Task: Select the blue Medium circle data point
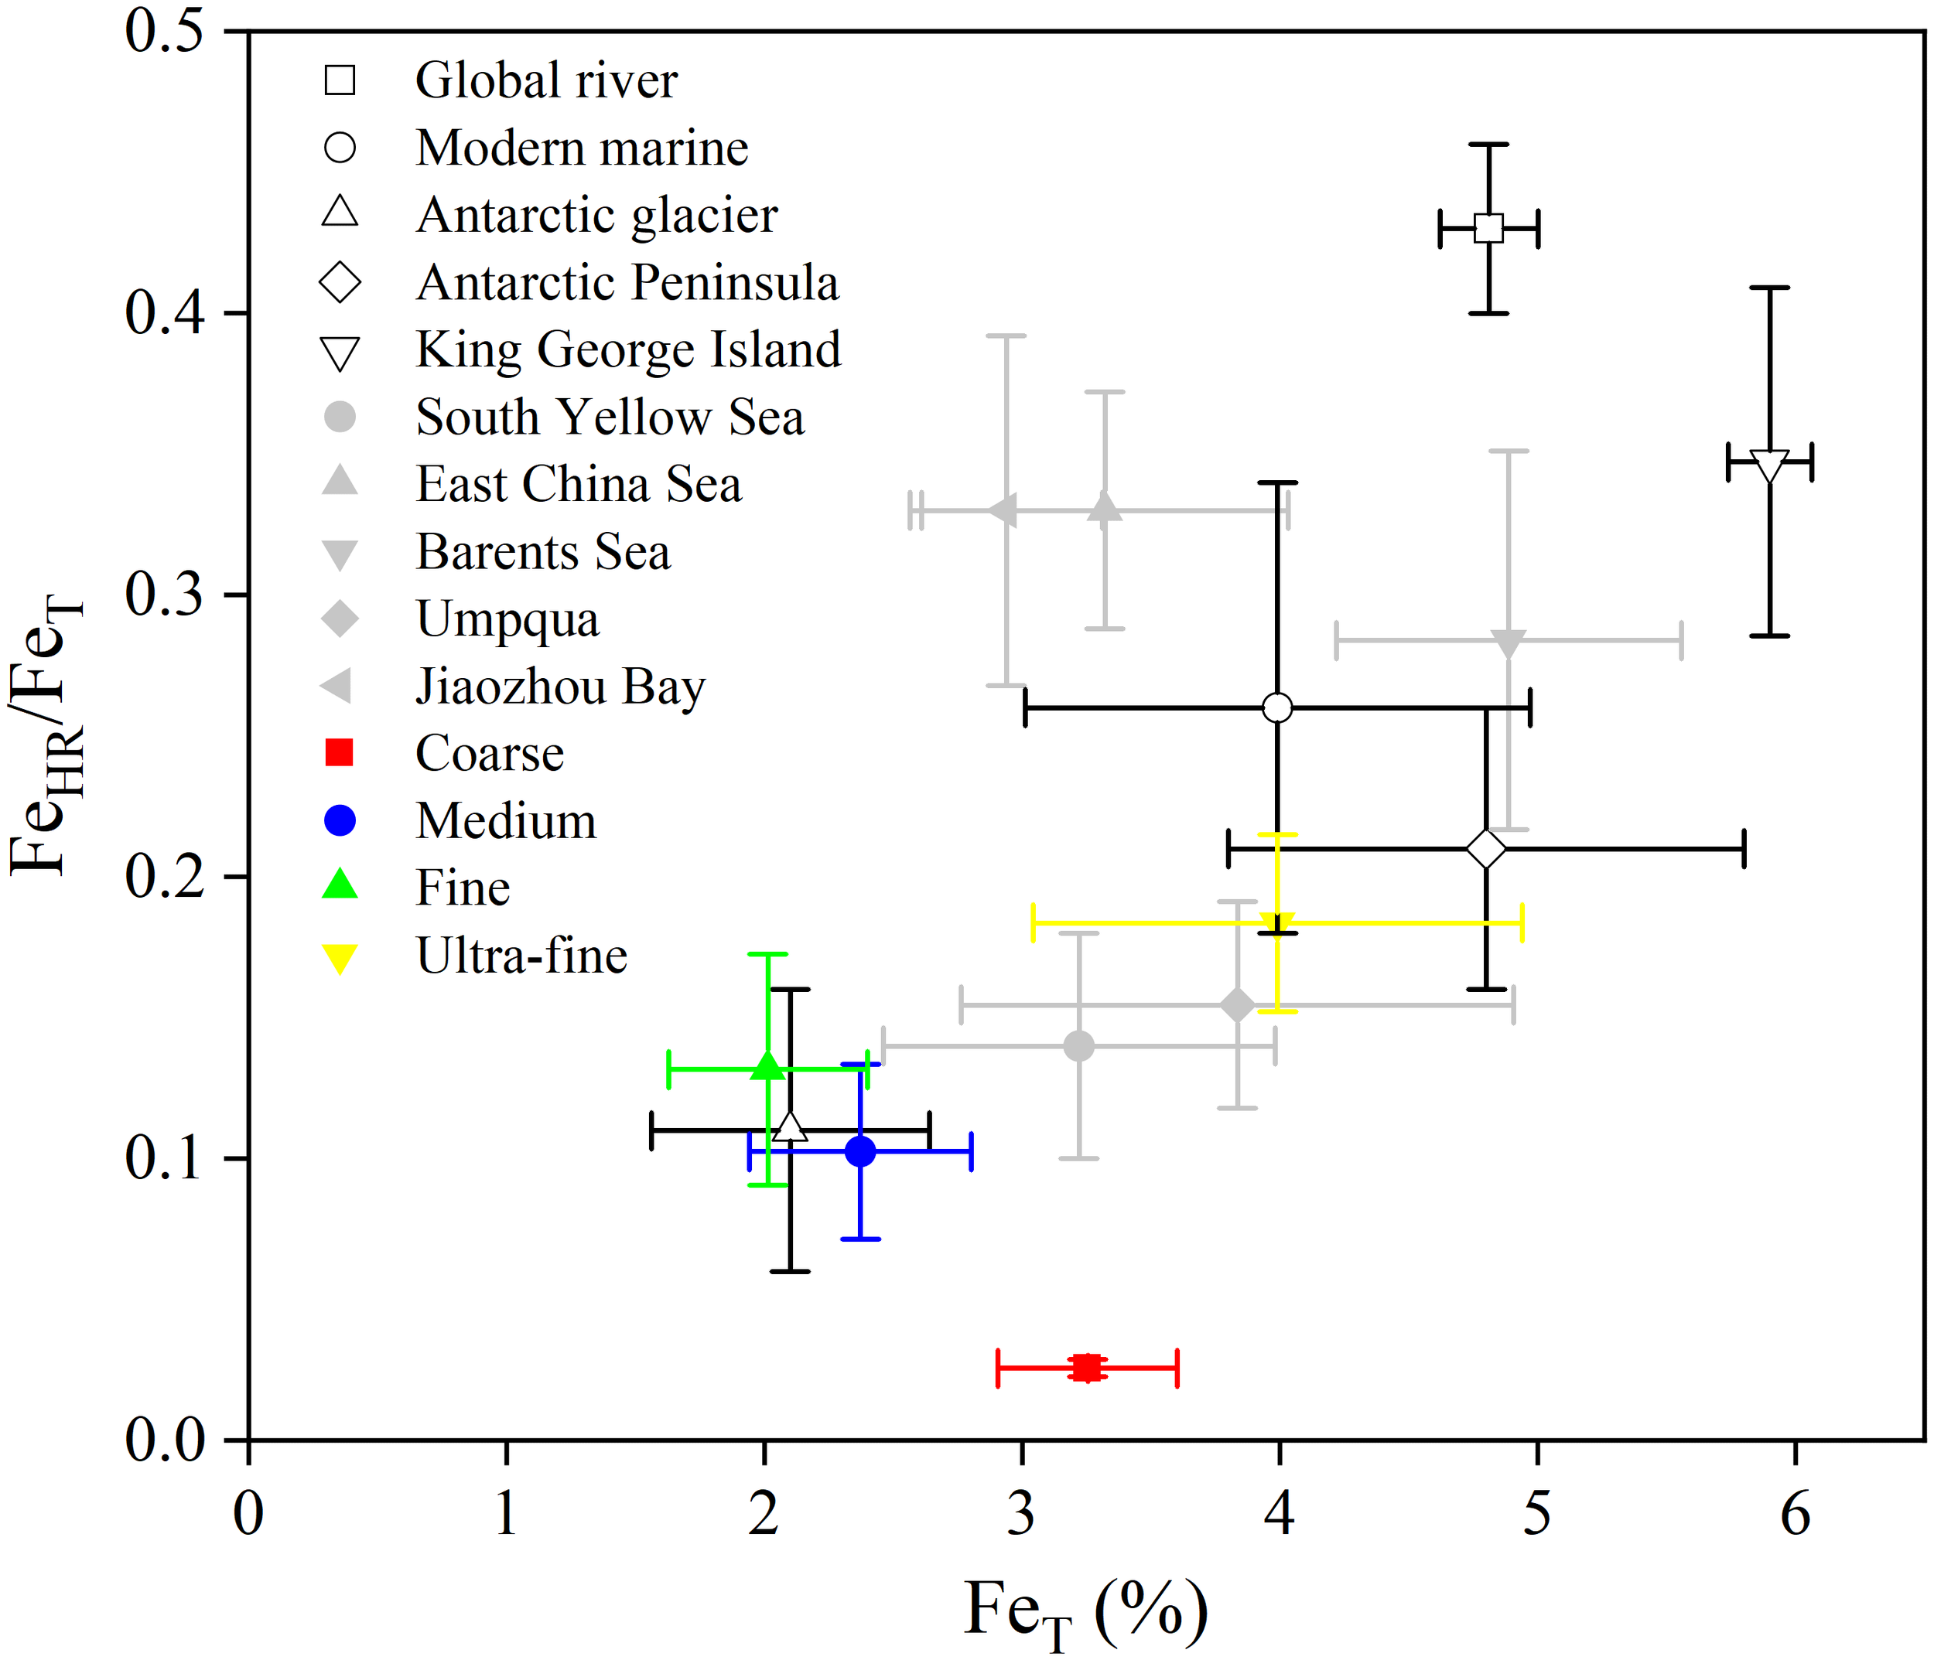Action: [859, 1151]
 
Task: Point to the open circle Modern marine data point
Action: [1277, 708]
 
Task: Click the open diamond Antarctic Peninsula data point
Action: [1486, 849]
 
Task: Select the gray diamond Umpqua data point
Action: [1237, 1006]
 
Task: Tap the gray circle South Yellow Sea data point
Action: [1078, 1046]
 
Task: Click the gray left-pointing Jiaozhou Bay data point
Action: [1003, 510]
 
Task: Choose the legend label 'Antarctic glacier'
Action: [596, 216]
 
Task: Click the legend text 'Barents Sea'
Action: [542, 552]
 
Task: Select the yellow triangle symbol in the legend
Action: [340, 958]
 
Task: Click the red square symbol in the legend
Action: [340, 752]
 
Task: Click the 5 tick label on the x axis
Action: [1536, 1514]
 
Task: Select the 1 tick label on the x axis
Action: [506, 1514]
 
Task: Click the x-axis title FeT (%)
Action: [1085, 1612]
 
